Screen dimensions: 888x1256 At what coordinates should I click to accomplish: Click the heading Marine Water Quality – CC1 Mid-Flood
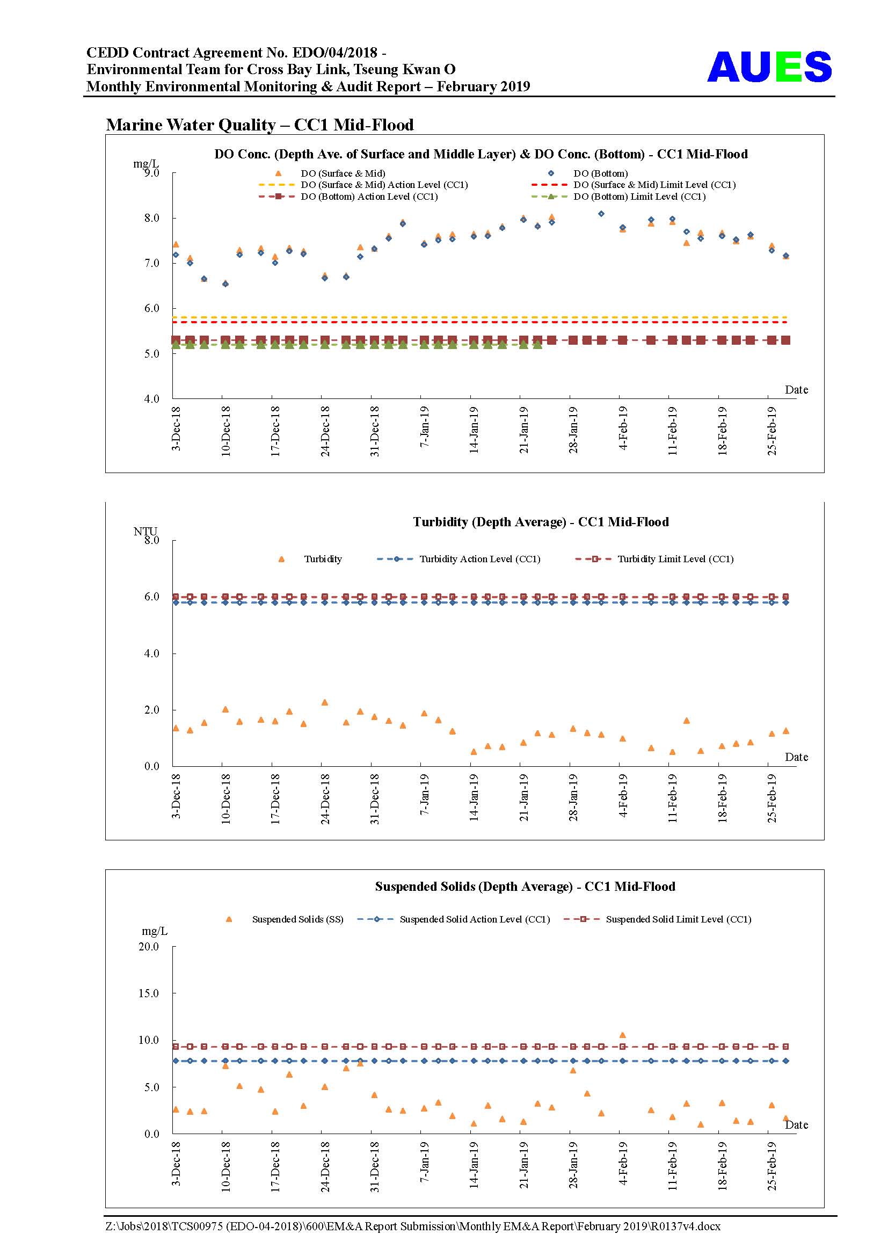pos(260,125)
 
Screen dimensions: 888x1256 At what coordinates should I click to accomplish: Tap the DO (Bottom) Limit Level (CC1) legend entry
pos(618,197)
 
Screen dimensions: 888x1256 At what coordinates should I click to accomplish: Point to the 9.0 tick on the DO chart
pos(151,173)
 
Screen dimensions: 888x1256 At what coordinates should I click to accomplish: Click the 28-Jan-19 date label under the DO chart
pos(572,430)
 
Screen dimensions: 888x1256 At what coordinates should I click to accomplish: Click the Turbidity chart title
pos(541,522)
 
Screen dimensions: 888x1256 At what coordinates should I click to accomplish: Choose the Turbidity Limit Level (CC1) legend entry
pos(654,559)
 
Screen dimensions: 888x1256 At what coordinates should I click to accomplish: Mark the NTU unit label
pos(145,531)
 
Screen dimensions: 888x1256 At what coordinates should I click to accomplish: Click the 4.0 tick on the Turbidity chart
pos(151,653)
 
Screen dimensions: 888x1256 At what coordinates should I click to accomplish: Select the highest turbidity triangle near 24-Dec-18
pos(324,702)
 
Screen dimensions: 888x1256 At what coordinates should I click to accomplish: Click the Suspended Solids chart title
pos(525,886)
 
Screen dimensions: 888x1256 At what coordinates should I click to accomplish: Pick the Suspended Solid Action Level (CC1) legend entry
pos(454,919)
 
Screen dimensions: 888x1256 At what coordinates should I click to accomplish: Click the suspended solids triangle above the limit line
pos(622,1034)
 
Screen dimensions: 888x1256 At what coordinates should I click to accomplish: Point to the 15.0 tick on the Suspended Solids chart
pos(149,993)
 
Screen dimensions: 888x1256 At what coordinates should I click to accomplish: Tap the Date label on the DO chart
pos(796,389)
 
